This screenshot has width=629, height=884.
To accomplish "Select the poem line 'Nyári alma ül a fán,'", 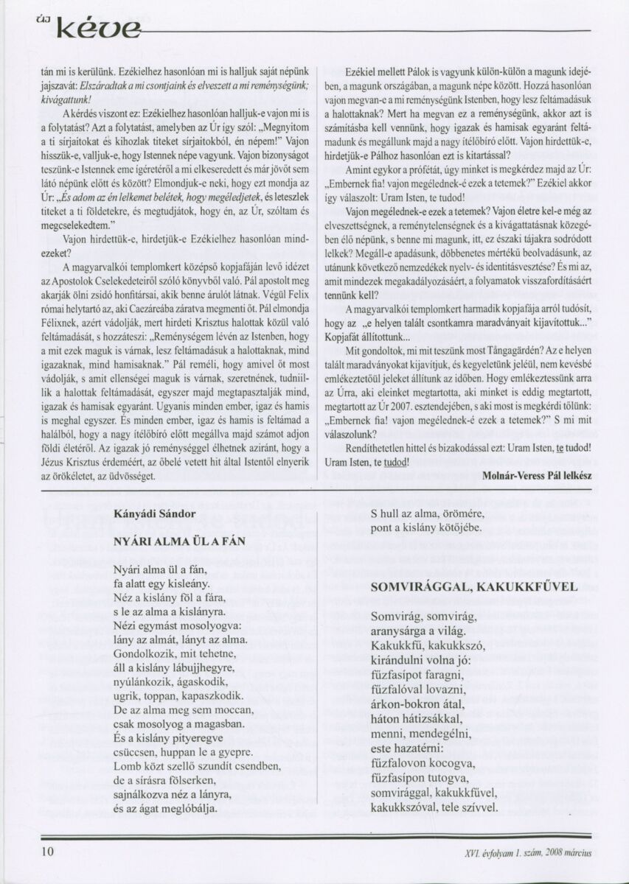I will [161, 569].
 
